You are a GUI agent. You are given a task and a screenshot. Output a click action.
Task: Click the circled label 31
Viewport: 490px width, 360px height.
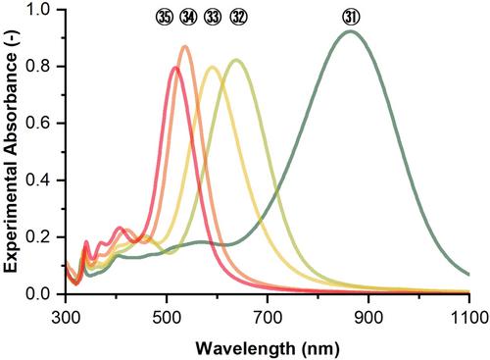351,18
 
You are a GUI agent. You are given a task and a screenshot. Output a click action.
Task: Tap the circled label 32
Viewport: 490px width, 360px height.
238,18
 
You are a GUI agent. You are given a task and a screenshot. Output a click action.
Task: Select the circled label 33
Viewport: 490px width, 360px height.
213,18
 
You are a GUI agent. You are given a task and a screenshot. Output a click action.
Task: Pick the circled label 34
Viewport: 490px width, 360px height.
188,18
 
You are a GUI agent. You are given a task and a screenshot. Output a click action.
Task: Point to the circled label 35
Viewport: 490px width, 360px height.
165,18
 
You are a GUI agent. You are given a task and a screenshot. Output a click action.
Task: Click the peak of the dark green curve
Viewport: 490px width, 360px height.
350,31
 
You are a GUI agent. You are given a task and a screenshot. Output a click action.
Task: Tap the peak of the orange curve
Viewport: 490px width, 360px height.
185,47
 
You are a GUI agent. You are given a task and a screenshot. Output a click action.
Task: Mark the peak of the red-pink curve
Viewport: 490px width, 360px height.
175,68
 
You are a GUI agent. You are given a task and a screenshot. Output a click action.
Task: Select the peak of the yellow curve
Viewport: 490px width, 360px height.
213,68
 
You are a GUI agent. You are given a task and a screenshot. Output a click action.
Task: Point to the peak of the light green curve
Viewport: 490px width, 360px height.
236,60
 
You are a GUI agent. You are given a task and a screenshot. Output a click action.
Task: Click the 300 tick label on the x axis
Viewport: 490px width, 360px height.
66,317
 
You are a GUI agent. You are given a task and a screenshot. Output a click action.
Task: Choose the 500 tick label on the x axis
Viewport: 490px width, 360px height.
167,317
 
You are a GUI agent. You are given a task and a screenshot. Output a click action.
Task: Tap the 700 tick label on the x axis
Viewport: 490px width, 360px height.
268,317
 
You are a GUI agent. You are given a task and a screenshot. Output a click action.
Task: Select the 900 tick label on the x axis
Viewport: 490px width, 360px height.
368,317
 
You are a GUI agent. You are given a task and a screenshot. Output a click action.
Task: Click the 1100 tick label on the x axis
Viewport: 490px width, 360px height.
469,317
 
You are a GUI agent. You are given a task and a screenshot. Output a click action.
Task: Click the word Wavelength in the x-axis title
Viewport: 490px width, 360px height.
245,349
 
